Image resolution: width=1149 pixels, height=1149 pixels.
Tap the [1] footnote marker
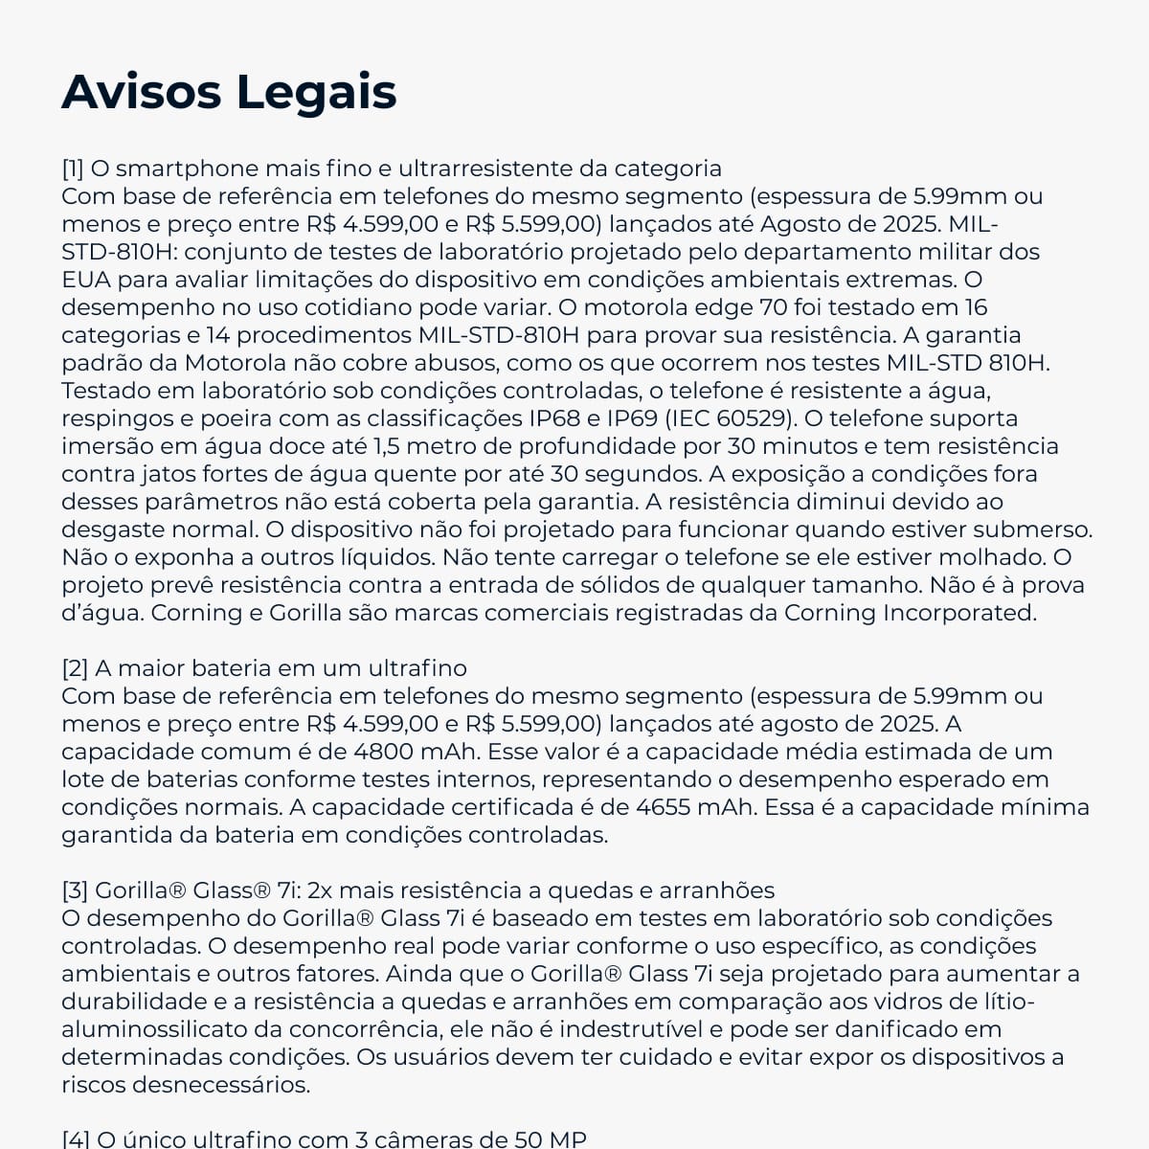(x=73, y=169)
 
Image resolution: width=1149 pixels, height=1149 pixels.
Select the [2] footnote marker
(x=75, y=668)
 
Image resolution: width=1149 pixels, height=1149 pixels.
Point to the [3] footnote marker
(x=75, y=890)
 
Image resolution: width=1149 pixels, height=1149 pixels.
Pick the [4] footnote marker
(x=75, y=1139)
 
